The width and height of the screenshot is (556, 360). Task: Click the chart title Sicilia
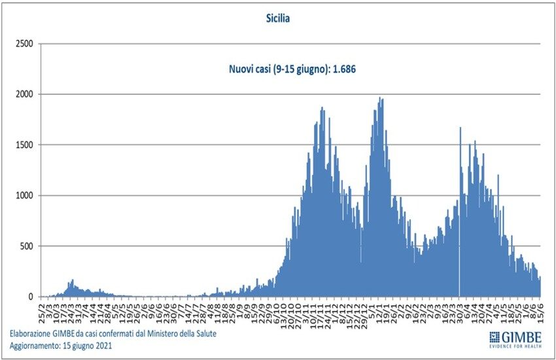point(278,19)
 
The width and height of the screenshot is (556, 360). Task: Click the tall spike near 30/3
point(460,129)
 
